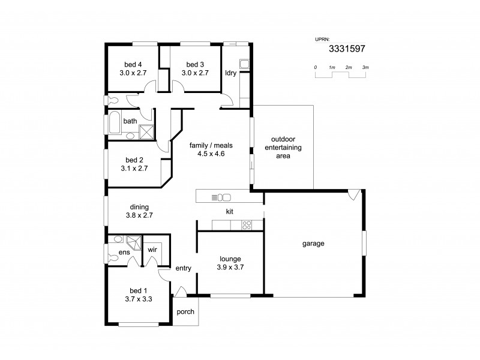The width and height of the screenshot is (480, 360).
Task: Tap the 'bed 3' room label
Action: [195, 64]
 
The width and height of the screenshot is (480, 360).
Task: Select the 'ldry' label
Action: [230, 73]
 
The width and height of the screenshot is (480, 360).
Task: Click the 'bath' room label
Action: [130, 121]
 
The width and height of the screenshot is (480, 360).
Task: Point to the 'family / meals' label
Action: [211, 145]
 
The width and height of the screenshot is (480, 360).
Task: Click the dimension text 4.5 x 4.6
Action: [211, 154]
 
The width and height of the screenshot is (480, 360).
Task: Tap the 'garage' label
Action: [313, 244]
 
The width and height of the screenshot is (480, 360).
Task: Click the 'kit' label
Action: [229, 212]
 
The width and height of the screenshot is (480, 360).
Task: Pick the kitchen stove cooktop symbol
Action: [246, 225]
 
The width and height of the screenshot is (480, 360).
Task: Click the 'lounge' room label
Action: [230, 259]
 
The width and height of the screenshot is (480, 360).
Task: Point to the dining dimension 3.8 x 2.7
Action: [139, 215]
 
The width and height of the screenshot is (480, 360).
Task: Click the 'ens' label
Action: [123, 253]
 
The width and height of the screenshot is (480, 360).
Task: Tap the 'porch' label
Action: [184, 313]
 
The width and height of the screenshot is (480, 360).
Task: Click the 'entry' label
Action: [183, 268]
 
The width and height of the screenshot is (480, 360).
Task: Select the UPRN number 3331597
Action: [347, 51]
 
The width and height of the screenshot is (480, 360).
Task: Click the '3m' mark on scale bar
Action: [365, 67]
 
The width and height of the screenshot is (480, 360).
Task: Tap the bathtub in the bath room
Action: [114, 124]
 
